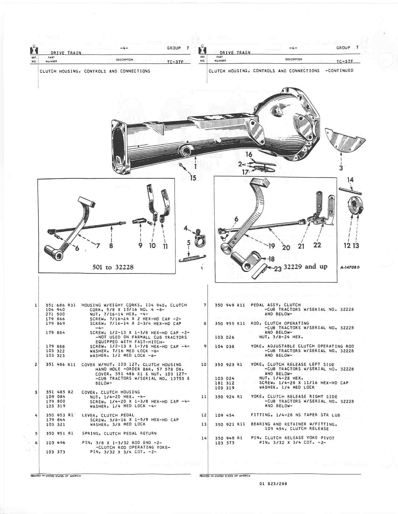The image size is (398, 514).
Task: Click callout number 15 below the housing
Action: click(193, 178)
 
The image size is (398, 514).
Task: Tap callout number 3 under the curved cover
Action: click(341, 168)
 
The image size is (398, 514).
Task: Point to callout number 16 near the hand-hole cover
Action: click(249, 154)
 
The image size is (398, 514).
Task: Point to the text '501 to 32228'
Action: click(113, 267)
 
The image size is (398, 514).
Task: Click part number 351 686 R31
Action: click(61, 305)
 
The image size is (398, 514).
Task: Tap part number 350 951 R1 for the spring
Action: click(59, 433)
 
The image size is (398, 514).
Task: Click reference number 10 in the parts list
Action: click(204, 364)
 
